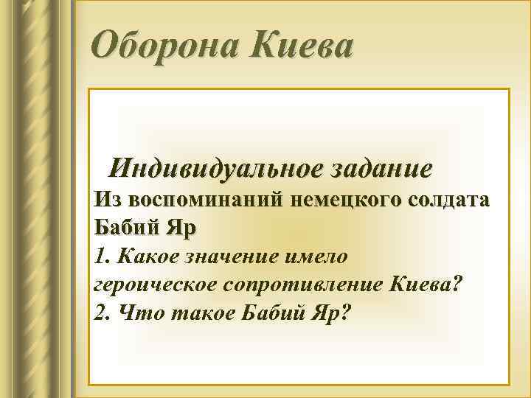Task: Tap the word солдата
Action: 442,200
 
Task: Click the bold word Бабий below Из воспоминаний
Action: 129,227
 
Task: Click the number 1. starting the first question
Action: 102,256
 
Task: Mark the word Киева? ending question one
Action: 426,284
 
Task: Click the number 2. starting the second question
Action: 103,313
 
